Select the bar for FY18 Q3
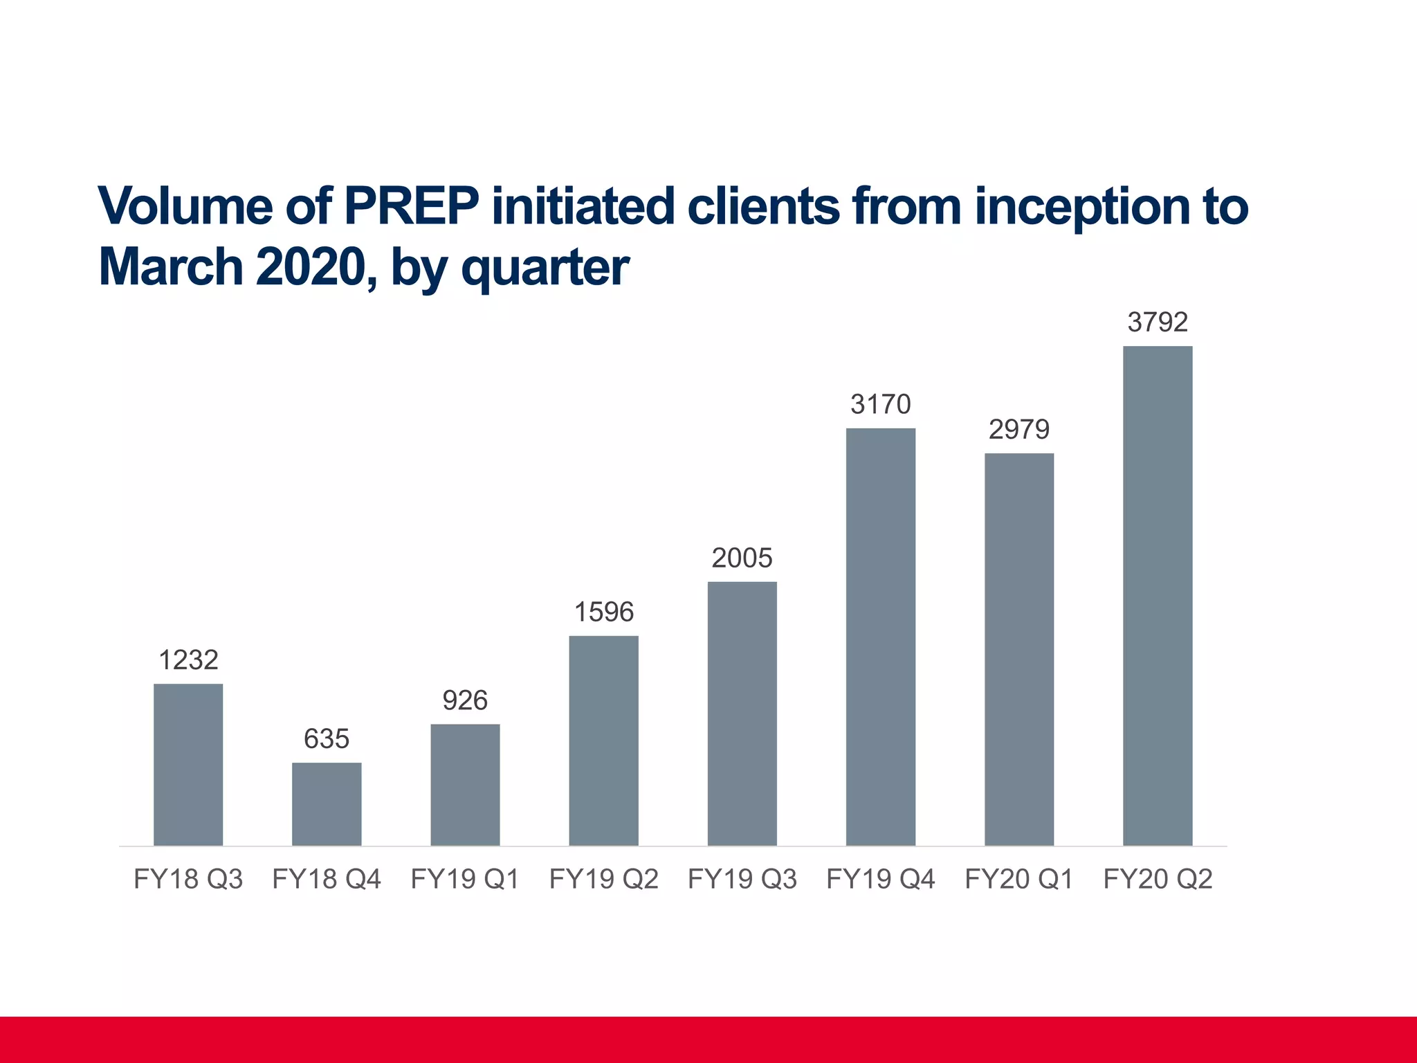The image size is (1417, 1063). click(x=188, y=764)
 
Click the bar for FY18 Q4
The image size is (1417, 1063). click(x=327, y=803)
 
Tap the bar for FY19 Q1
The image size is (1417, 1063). click(x=465, y=784)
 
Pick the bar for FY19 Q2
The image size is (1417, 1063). click(x=603, y=740)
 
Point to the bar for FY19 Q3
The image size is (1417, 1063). click(x=742, y=713)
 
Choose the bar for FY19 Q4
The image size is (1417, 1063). click(x=880, y=636)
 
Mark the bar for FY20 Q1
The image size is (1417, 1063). click(x=1018, y=648)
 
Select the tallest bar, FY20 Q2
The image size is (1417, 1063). click(x=1157, y=595)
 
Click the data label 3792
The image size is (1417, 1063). click(x=1157, y=322)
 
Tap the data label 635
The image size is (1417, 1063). click(x=327, y=739)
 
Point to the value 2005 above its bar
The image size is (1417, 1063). click(x=742, y=558)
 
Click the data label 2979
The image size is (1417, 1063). click(x=1018, y=430)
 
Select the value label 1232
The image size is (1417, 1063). click(x=188, y=660)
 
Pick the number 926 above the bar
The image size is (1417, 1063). click(x=465, y=700)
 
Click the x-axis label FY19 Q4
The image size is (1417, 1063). click(x=880, y=879)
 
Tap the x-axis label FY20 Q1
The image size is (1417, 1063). click(x=1018, y=879)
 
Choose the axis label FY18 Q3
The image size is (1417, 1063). click(x=188, y=879)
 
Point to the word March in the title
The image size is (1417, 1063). click(x=171, y=267)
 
